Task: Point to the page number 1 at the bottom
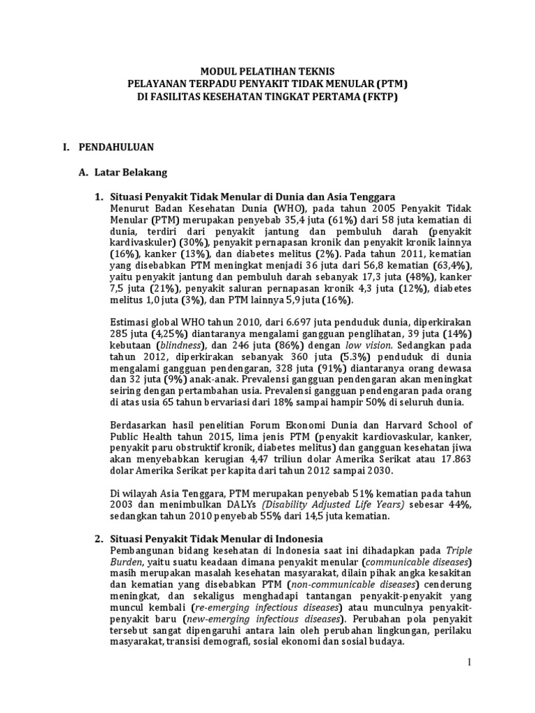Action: [x=470, y=661]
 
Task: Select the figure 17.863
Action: [x=453, y=461]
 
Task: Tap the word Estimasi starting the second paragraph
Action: [x=132, y=322]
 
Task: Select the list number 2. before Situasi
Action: [x=98, y=538]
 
